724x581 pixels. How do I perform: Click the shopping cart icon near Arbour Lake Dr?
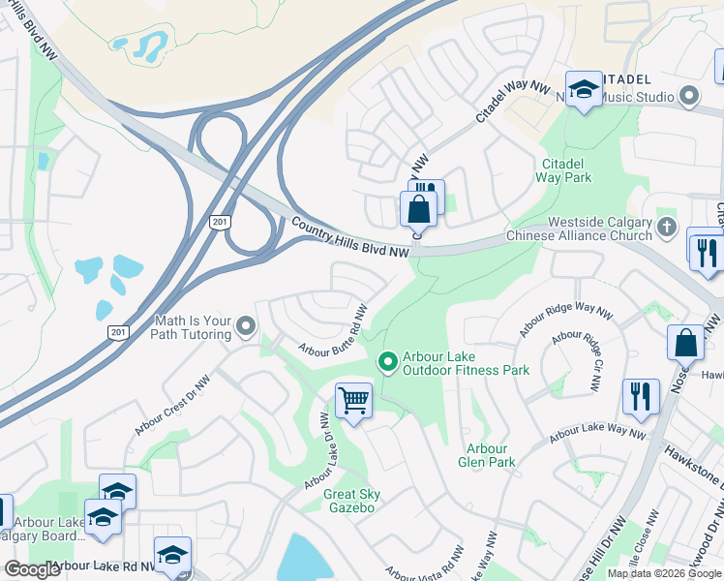353,400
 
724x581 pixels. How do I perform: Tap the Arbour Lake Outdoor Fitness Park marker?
388,362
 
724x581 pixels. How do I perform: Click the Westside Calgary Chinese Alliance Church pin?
666,229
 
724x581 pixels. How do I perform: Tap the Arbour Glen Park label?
486,455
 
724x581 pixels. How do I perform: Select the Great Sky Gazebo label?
351,501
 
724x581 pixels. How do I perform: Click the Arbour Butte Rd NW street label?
332,333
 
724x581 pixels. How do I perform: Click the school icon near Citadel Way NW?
584,91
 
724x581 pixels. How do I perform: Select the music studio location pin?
690,96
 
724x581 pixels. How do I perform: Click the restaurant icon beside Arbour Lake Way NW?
641,397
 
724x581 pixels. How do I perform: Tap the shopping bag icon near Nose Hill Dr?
685,343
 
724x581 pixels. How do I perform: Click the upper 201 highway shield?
220,222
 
